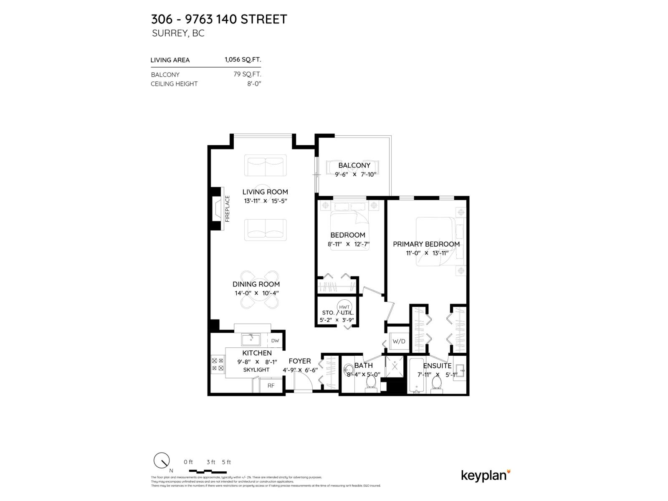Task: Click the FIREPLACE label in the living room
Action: click(x=228, y=208)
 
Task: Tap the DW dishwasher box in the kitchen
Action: click(x=275, y=341)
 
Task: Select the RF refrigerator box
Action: click(x=271, y=385)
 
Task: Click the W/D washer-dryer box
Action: click(x=399, y=341)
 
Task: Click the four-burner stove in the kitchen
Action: click(x=217, y=364)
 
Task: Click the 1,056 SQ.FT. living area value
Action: click(x=243, y=60)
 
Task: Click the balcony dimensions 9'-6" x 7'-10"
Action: click(x=356, y=175)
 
